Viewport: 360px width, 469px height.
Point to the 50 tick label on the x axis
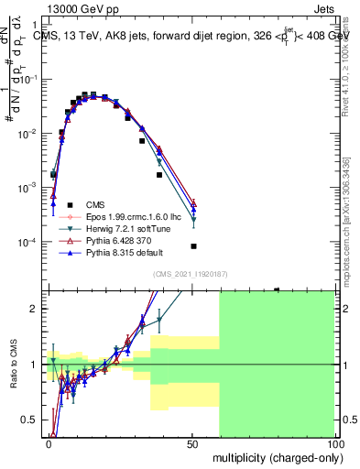click(191, 442)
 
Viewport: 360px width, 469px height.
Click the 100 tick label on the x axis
click(333, 442)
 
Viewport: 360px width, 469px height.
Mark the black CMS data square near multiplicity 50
click(193, 246)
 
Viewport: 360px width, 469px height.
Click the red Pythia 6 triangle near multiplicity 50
click(193, 202)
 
